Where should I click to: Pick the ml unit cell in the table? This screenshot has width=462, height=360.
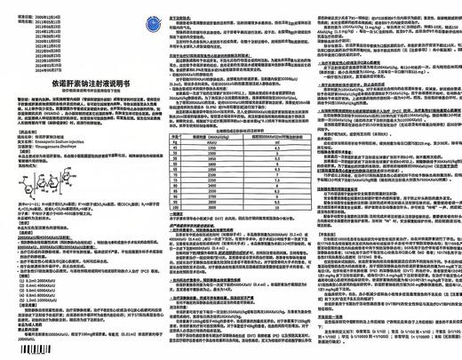pyautogui.click(x=275, y=139)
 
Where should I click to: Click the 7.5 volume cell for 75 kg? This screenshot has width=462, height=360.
pyautogui.click(x=275, y=179)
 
